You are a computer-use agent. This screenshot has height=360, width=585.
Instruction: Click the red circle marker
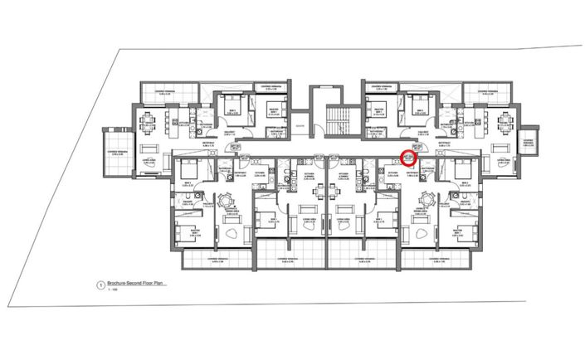[x=408, y=156]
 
